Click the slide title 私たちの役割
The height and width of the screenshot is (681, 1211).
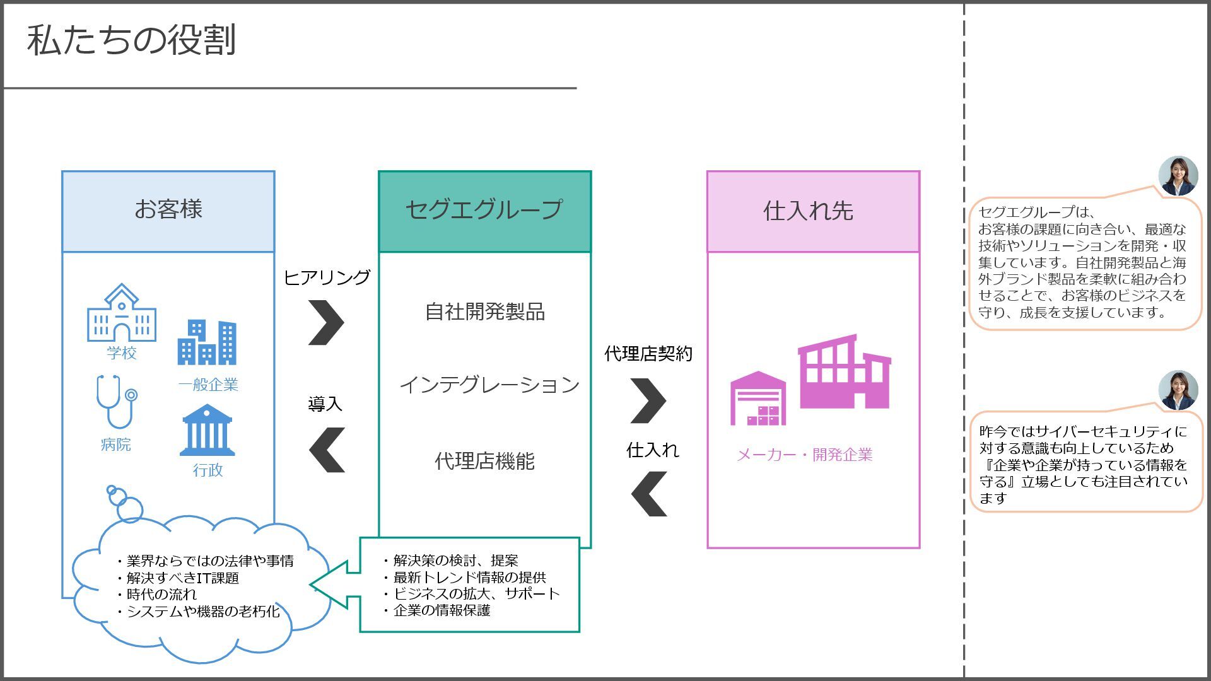[131, 40]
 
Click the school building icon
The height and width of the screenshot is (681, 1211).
[121, 313]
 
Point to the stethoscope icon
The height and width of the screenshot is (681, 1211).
[115, 402]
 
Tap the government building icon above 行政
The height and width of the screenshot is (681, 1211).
[207, 431]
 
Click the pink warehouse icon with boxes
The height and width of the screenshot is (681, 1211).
[758, 399]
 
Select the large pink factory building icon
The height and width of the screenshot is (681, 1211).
[844, 372]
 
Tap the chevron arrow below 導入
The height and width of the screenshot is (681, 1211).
[327, 450]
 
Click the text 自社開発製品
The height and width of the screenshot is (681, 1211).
[484, 311]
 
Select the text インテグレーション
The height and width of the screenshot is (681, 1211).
[489, 385]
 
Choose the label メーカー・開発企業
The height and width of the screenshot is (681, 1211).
[804, 455]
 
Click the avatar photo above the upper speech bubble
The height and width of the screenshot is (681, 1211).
[1178, 176]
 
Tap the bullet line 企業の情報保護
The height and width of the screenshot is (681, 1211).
[442, 610]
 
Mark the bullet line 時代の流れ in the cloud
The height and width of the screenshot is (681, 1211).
[161, 595]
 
